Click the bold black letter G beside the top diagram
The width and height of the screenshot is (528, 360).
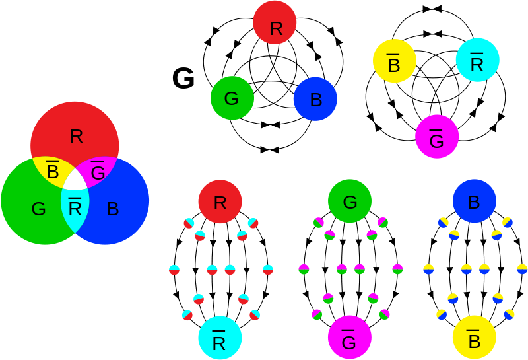click(x=183, y=78)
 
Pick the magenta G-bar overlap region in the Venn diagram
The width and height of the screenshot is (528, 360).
click(x=97, y=171)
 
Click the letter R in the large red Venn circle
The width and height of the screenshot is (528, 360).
click(x=76, y=137)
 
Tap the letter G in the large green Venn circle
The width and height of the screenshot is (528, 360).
click(x=38, y=209)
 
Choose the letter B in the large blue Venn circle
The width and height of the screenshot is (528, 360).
click(x=113, y=209)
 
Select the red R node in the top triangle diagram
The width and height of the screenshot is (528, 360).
click(x=275, y=22)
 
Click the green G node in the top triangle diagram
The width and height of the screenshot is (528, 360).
click(x=232, y=98)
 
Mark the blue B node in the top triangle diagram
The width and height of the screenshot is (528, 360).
click(x=315, y=99)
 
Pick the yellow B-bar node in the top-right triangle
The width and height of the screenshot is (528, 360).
click(x=395, y=61)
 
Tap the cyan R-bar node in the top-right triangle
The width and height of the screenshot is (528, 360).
click(x=477, y=59)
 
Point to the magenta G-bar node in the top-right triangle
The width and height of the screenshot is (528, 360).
click(x=437, y=136)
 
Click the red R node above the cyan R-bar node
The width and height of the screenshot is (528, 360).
click(x=220, y=201)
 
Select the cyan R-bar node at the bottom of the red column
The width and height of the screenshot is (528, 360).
click(x=220, y=338)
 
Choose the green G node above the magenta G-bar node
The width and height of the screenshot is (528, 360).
click(x=350, y=201)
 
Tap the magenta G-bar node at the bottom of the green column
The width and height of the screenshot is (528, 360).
click(x=350, y=337)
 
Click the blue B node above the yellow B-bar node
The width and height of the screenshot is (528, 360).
click(x=474, y=201)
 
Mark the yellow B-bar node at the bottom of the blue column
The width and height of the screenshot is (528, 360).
click(x=474, y=337)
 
